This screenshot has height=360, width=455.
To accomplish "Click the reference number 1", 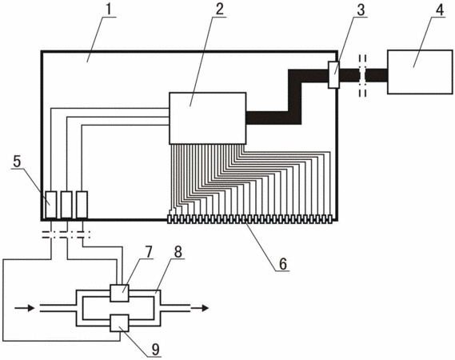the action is tap(109, 10).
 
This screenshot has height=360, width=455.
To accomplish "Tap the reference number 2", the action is tap(219, 10).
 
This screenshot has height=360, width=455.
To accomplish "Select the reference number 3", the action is tap(361, 10).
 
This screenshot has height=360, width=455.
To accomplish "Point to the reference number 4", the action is tap(440, 10).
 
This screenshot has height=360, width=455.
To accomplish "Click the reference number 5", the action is tap(17, 162).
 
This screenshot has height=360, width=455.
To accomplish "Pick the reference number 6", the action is tap(282, 263).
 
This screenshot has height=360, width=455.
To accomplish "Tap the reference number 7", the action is tap(149, 252).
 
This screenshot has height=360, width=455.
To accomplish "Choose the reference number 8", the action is tap(178, 252).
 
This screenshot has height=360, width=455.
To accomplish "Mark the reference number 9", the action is tap(156, 350).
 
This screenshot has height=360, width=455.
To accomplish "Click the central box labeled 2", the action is tap(207, 118).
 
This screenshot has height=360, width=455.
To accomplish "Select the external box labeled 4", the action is tap(420, 72).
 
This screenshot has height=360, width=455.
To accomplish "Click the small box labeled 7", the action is tap(119, 293).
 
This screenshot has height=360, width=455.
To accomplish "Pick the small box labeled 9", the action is tap(119, 323).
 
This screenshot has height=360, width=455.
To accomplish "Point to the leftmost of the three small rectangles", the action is tap(51, 204).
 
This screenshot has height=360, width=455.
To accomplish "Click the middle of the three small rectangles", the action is tap(66, 204).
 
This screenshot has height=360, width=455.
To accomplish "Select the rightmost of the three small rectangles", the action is tap(82, 204).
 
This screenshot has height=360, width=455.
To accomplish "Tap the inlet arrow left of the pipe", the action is tap(24, 308).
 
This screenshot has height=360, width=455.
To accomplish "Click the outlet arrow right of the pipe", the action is tap(200, 308).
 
